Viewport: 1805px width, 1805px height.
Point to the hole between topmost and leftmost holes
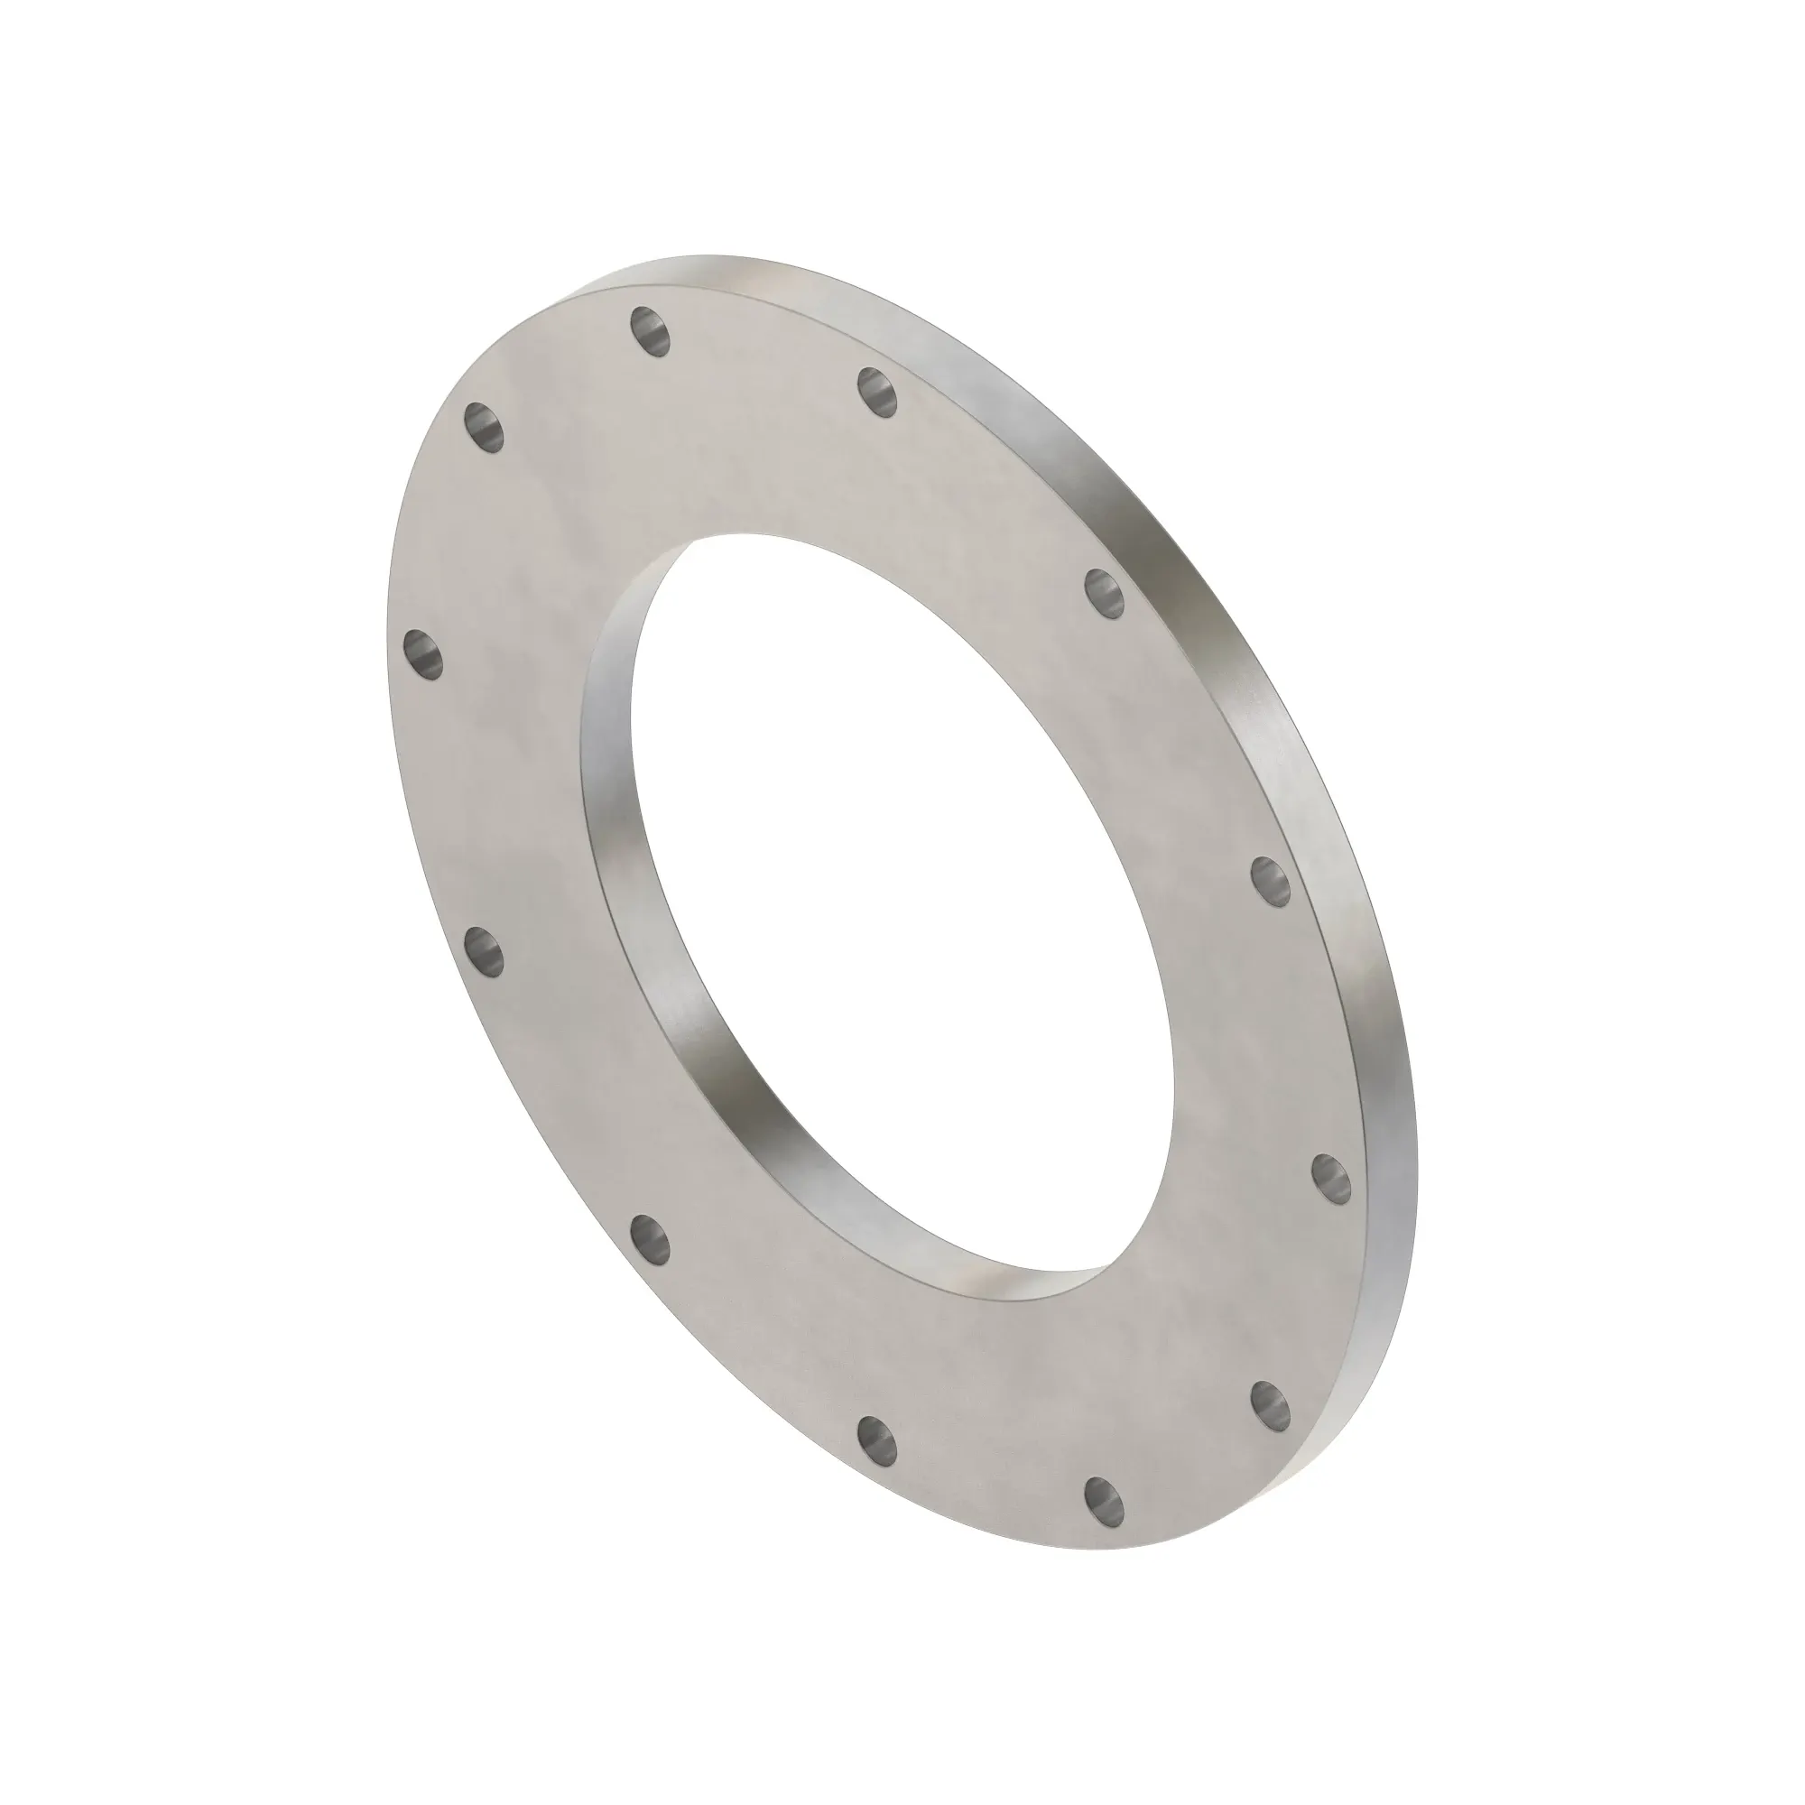484,426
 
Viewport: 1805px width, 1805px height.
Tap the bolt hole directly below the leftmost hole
484,949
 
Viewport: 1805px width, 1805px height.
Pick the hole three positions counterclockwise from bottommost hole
484,949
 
